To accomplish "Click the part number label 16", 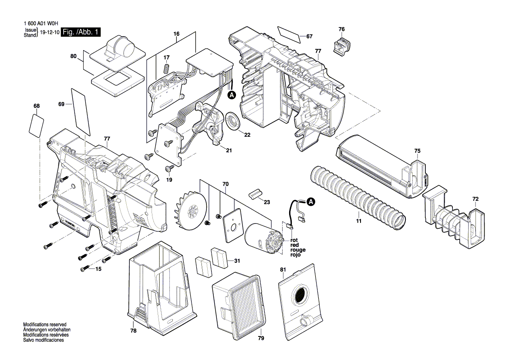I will pos(176,34).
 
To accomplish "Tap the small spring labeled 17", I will pos(166,69).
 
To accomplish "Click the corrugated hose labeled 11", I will pos(357,197).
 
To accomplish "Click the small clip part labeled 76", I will pos(342,45).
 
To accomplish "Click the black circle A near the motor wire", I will pos(311,202).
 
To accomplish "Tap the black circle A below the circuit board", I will pos(232,95).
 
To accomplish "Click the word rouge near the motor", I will pos(298,250).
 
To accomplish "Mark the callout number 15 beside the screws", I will pos(98,269).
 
